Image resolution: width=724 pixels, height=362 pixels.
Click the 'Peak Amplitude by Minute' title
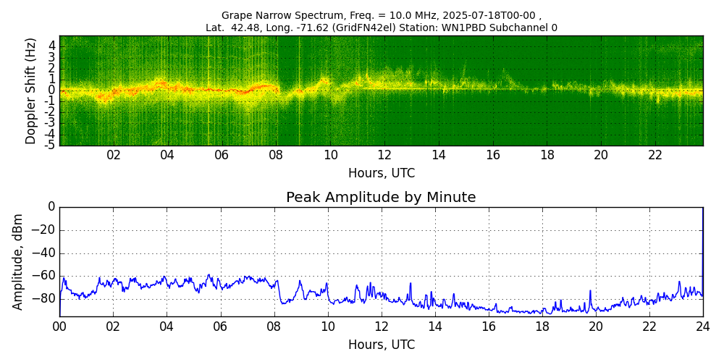[x=381, y=198]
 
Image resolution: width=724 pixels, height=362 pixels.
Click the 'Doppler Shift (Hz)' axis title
[x=31, y=90]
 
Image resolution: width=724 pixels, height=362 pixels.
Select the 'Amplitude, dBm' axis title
[x=19, y=261]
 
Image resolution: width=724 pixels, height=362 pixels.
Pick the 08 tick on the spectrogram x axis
[x=276, y=155]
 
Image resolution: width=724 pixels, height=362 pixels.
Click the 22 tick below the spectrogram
[x=655, y=155]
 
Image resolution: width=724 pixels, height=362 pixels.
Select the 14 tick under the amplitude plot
[x=435, y=327]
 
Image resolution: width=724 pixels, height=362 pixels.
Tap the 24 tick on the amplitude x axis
[x=703, y=327]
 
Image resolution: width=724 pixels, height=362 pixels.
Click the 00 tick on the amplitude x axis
[x=59, y=327]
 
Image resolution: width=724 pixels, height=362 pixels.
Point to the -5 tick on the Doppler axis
[x=51, y=145]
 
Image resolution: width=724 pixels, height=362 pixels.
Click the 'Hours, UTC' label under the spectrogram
[x=382, y=174]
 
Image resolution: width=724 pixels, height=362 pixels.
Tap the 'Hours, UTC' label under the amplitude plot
[x=382, y=345]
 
